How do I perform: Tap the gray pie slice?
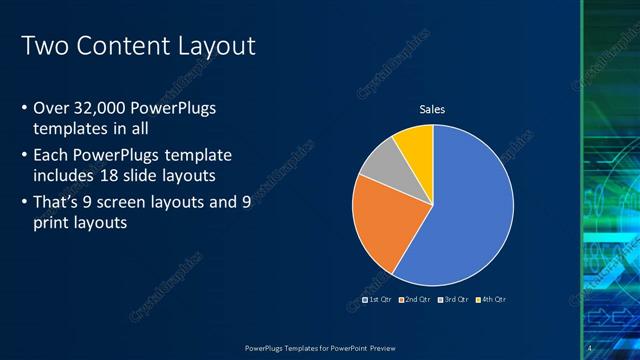[x=381, y=164]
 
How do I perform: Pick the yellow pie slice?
[x=415, y=143]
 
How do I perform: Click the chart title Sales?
[x=432, y=109]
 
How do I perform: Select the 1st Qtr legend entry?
[x=376, y=299]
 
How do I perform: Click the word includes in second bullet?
[x=65, y=176]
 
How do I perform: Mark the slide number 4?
[x=589, y=348]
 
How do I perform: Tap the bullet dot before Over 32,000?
[x=24, y=109]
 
